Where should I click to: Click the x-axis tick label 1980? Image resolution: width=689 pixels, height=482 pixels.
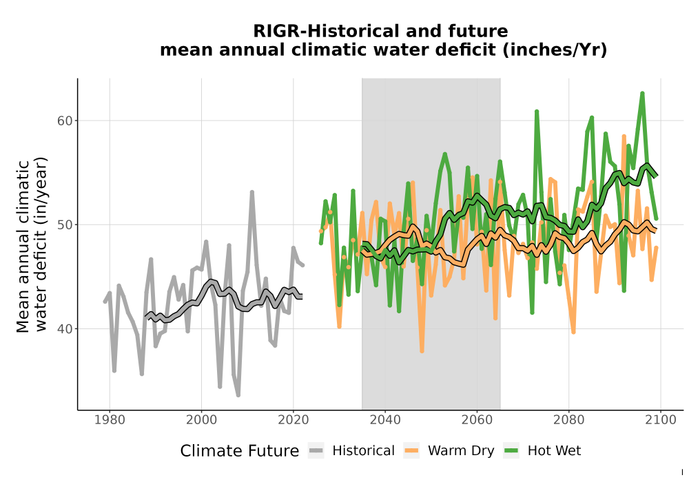point(110,420)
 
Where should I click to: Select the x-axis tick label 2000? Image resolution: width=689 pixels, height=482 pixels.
point(201,420)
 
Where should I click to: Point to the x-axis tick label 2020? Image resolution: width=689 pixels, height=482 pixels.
point(293,420)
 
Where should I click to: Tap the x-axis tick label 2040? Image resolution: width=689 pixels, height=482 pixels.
point(385,420)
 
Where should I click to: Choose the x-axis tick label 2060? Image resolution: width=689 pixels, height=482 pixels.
point(477,420)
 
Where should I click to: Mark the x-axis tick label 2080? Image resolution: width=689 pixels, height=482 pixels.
point(568,420)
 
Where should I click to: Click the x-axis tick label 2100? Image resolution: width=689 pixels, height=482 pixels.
point(661,420)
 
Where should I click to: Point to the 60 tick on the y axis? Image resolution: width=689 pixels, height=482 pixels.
point(65,120)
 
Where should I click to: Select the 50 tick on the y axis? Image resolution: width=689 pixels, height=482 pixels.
point(65,224)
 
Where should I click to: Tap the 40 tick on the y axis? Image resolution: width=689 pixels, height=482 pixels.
point(65,329)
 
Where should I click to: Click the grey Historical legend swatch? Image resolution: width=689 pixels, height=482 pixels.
point(316,451)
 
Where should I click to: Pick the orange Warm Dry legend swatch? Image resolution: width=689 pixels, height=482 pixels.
point(411,451)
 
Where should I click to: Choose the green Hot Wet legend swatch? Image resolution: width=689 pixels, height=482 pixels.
point(511,451)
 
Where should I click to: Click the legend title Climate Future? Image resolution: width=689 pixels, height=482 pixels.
point(240,451)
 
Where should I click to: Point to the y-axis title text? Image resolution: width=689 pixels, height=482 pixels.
point(31,245)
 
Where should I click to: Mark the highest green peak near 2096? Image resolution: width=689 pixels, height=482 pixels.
point(642,93)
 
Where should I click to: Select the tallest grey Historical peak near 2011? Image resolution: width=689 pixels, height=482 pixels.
point(251,192)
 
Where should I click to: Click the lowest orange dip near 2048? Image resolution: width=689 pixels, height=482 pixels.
point(422,351)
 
